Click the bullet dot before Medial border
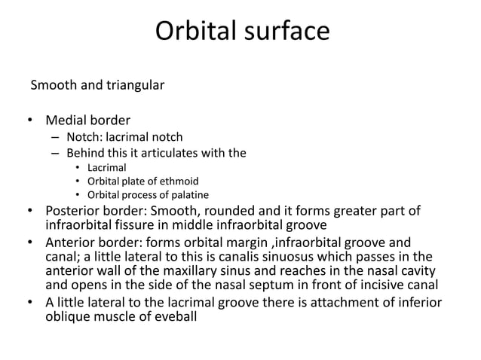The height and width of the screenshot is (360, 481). (x=31, y=121)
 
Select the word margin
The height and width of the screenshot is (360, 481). (x=249, y=243)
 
